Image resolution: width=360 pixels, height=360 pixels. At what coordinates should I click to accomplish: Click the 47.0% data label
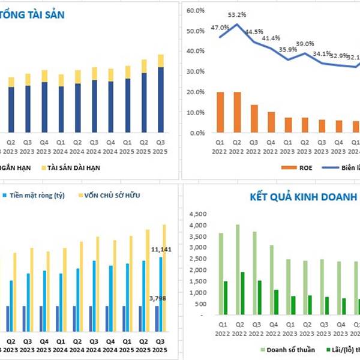point(220,27)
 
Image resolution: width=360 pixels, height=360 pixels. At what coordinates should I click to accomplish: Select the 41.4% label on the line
point(272,38)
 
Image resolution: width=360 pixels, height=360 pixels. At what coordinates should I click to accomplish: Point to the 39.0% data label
point(305,44)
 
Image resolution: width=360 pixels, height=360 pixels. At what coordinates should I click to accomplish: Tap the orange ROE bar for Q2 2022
point(238,112)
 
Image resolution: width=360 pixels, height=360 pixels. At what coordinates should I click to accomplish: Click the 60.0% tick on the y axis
point(196,10)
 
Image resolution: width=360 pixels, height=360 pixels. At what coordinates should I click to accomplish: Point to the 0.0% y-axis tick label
point(197,133)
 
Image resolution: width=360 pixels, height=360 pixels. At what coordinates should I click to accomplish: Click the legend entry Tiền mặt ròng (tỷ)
point(36,196)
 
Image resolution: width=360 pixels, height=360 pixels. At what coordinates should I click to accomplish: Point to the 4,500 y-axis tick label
point(198,214)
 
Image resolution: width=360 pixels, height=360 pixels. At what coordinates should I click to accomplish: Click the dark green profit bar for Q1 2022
point(226,298)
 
